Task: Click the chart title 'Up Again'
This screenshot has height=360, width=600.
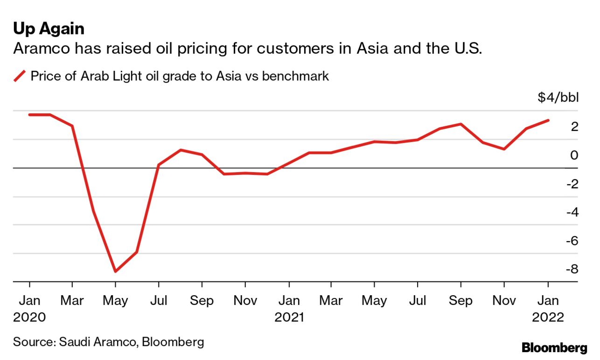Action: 49,29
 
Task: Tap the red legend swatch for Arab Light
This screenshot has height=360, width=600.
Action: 19,76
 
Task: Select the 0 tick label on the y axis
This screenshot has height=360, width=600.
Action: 573,155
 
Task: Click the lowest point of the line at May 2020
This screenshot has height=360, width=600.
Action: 115,271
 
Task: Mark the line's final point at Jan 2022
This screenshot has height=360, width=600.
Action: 548,120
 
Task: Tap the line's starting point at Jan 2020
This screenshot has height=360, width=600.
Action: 30,115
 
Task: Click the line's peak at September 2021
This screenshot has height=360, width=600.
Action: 461,124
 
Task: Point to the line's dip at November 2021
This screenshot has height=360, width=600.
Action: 504,149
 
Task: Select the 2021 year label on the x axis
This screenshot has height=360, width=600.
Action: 289,318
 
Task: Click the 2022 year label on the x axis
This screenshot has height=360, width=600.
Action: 549,318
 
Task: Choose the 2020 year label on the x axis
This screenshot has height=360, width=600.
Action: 29,318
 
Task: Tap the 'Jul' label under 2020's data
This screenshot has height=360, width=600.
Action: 159,300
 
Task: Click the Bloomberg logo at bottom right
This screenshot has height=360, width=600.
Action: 554,347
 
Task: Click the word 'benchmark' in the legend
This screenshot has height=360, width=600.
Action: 295,76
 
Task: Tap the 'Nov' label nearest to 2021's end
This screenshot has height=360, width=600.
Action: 504,300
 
